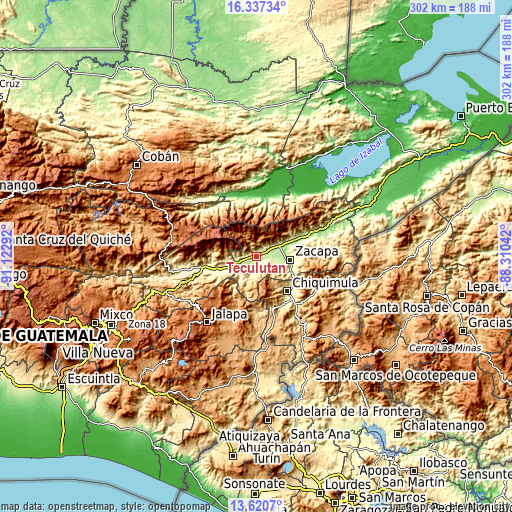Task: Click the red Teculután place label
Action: [258, 269]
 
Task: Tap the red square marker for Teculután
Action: [256, 256]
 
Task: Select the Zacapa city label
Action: [319, 250]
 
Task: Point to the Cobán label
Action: [160, 156]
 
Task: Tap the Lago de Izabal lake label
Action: [355, 163]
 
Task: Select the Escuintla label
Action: [95, 380]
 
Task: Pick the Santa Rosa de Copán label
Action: [410, 307]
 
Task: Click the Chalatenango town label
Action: [446, 426]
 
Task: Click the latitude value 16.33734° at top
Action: [256, 6]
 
